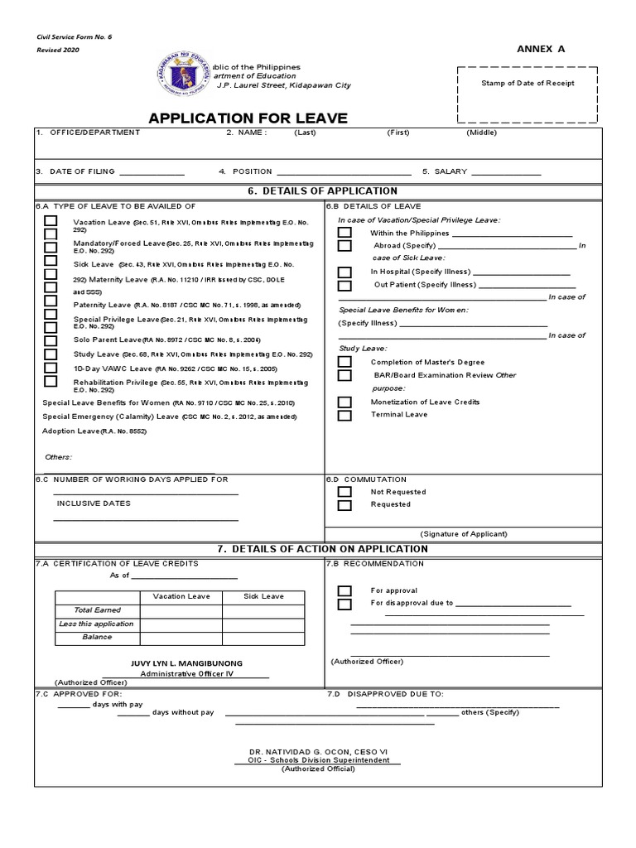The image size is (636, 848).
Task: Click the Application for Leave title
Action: [248, 118]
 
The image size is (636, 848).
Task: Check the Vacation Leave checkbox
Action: [51, 221]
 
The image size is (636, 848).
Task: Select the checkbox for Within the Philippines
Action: [344, 234]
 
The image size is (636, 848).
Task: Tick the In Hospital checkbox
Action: [344, 272]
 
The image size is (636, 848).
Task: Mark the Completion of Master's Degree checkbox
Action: [344, 362]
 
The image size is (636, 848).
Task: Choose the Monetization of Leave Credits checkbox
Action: [344, 402]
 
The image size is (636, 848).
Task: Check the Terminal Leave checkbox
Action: [344, 415]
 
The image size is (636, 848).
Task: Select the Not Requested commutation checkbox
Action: [344, 492]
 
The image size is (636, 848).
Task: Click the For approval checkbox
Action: [344, 590]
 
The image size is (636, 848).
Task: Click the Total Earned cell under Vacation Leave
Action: [181, 610]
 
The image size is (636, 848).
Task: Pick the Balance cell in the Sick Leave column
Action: [263, 638]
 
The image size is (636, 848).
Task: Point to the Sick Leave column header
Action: [263, 596]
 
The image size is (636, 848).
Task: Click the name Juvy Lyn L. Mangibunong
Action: [187, 663]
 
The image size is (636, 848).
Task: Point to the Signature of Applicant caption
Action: [463, 534]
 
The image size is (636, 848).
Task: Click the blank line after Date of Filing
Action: [152, 172]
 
